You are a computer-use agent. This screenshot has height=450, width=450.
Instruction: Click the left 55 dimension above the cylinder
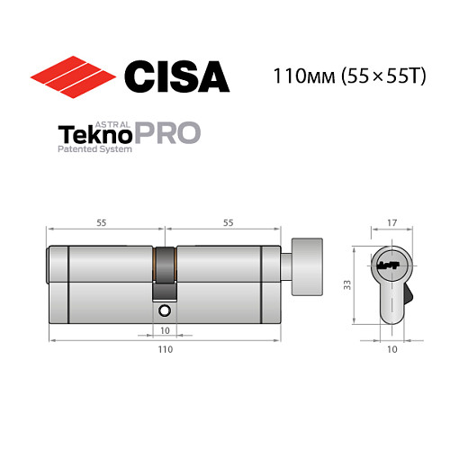coord(103,220)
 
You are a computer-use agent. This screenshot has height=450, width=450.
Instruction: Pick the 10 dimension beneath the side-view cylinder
coord(166,330)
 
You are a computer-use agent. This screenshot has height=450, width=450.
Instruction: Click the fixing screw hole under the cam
coord(166,310)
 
